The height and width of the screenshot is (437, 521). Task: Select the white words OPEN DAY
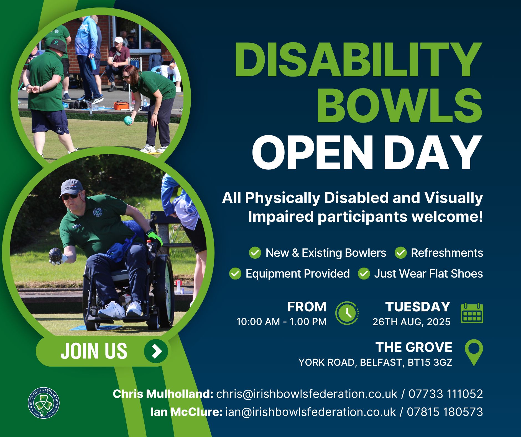point(367,152)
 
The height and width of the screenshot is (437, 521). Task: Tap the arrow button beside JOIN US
point(156,351)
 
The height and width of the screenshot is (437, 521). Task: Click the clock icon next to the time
point(347,313)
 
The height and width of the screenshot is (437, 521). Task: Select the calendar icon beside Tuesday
point(472,313)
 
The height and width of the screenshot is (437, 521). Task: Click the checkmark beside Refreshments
point(400,253)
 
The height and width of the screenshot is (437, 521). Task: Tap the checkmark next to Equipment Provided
point(235,273)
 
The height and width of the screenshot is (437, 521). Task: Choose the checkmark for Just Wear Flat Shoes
point(364,273)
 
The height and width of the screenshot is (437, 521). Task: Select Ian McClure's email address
point(311,412)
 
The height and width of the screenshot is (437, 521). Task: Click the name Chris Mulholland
point(163,394)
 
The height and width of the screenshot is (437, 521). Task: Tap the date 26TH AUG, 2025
point(411,322)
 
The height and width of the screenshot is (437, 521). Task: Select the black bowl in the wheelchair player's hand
point(55,255)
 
